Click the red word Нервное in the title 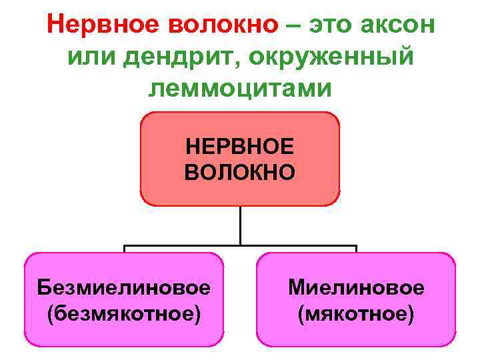(93, 26)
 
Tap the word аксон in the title (398, 26)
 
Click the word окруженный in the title (333, 59)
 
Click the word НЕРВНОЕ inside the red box (240, 146)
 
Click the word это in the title (331, 26)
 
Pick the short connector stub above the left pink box (125, 249)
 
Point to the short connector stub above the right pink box (356, 249)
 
